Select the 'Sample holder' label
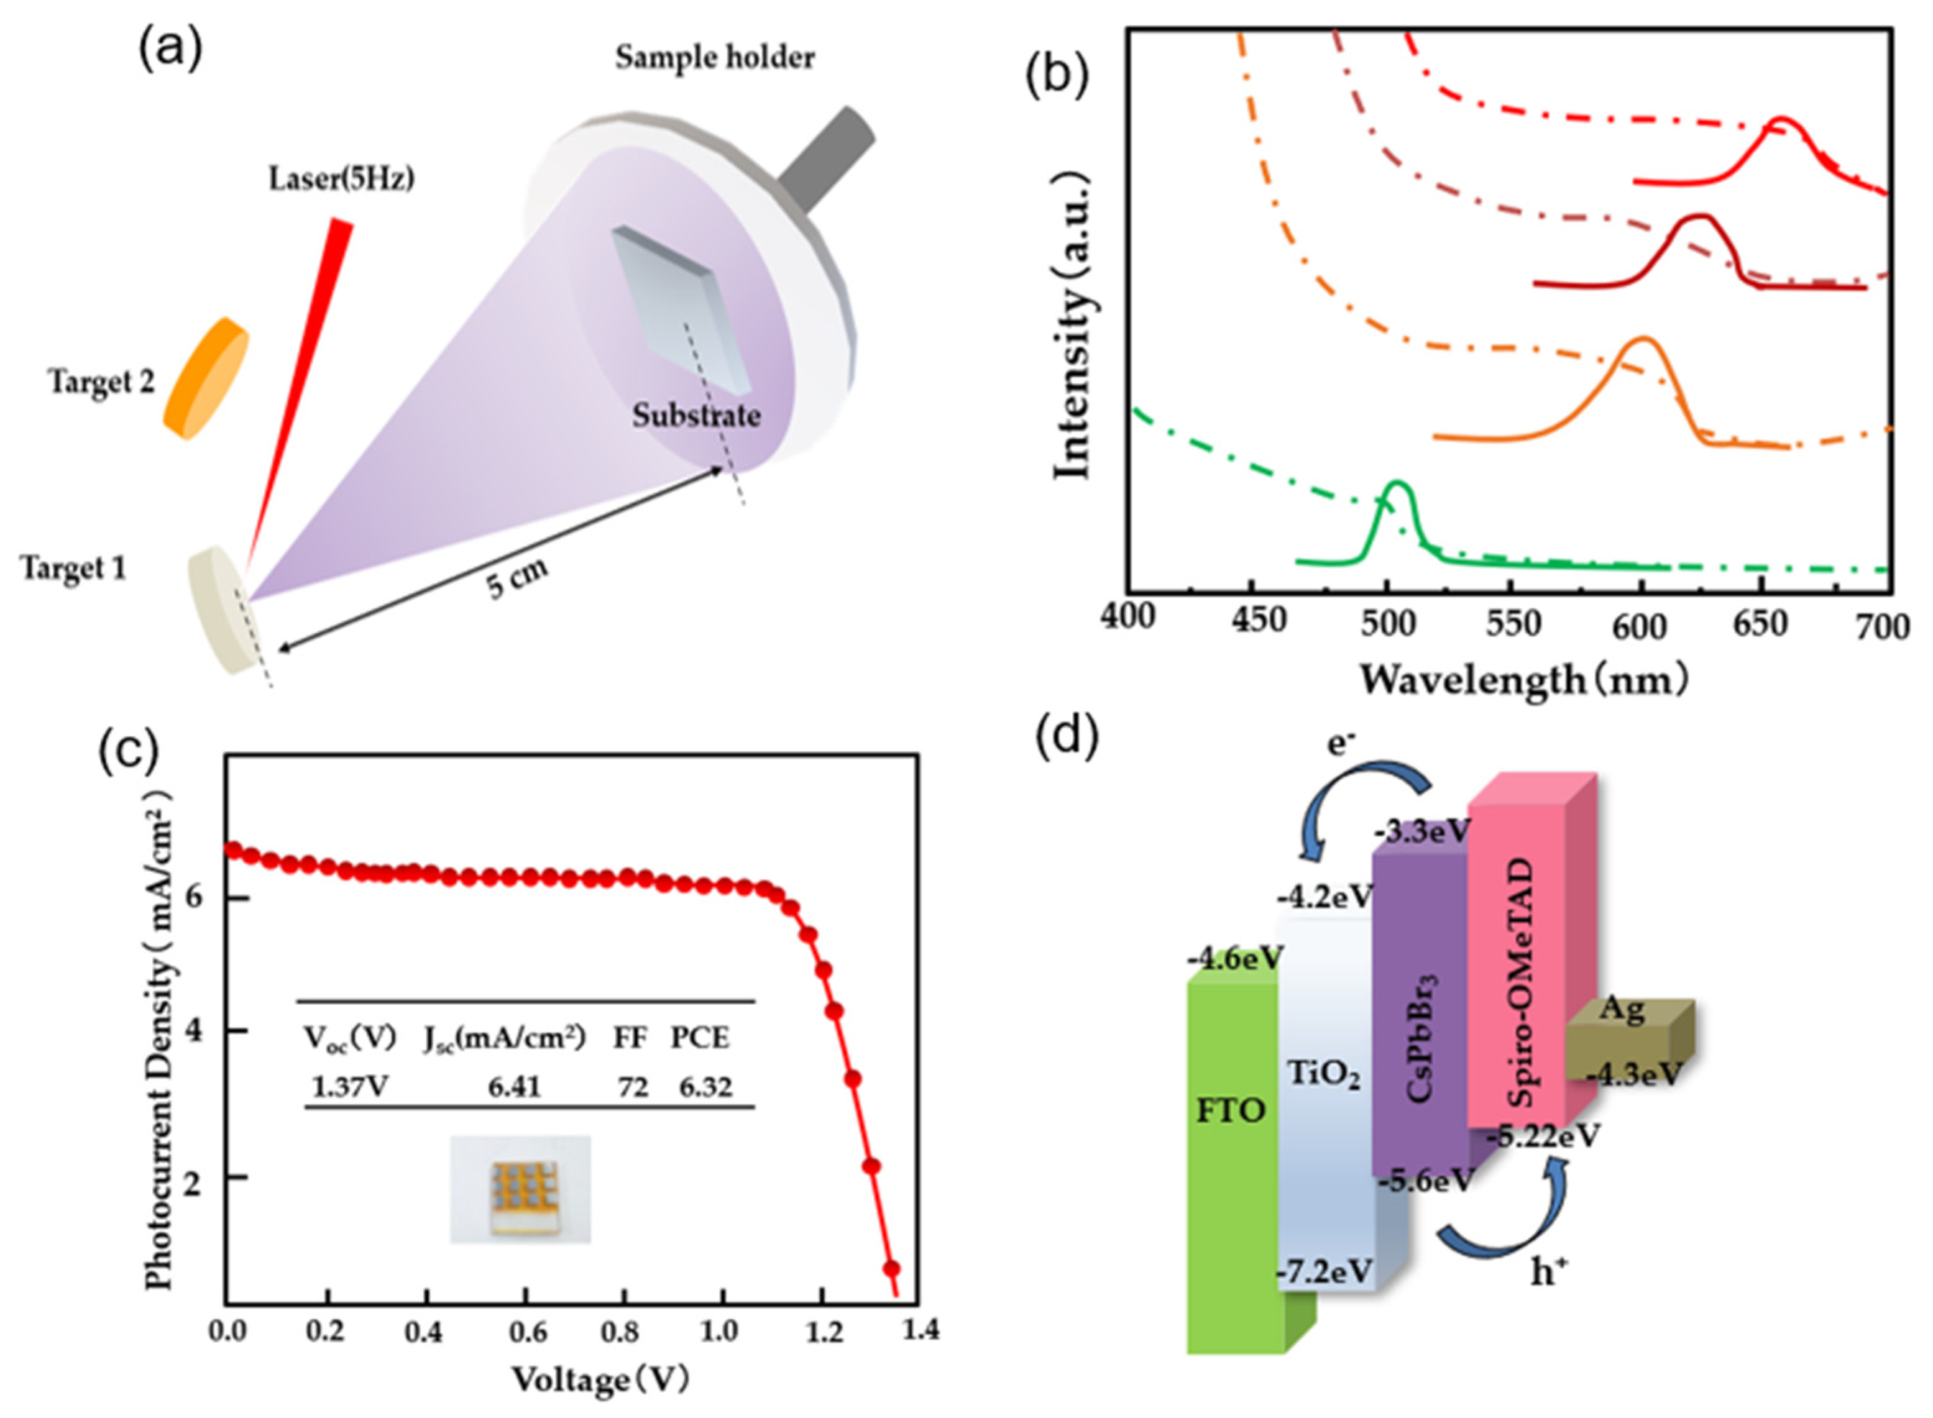click(x=714, y=58)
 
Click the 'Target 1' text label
click(x=74, y=568)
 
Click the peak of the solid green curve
click(x=1398, y=484)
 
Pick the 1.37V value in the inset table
click(x=350, y=1087)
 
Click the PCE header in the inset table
click(x=700, y=1038)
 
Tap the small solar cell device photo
click(x=520, y=1188)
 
